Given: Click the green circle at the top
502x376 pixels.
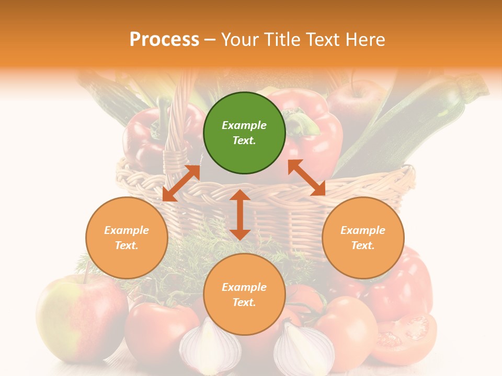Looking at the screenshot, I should pos(244,133).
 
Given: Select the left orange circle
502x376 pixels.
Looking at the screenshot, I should pos(127,238).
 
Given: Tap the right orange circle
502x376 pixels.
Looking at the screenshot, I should pos(363,238).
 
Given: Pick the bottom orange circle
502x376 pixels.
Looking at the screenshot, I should pos(244,295).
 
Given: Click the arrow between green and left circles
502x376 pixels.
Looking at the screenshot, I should pos(181,183).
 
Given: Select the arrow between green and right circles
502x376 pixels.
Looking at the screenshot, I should pos(306,178).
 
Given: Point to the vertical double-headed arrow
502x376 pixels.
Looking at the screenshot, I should pos(240,215).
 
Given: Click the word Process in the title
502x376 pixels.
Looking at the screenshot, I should pos(164,40).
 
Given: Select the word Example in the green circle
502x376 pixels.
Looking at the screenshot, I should pos(244,125).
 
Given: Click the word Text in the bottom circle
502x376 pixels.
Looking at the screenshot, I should pos(244,302).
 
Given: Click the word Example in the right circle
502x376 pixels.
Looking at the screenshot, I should pos(363,230).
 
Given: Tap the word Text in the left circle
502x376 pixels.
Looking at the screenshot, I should pos(127,245).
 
